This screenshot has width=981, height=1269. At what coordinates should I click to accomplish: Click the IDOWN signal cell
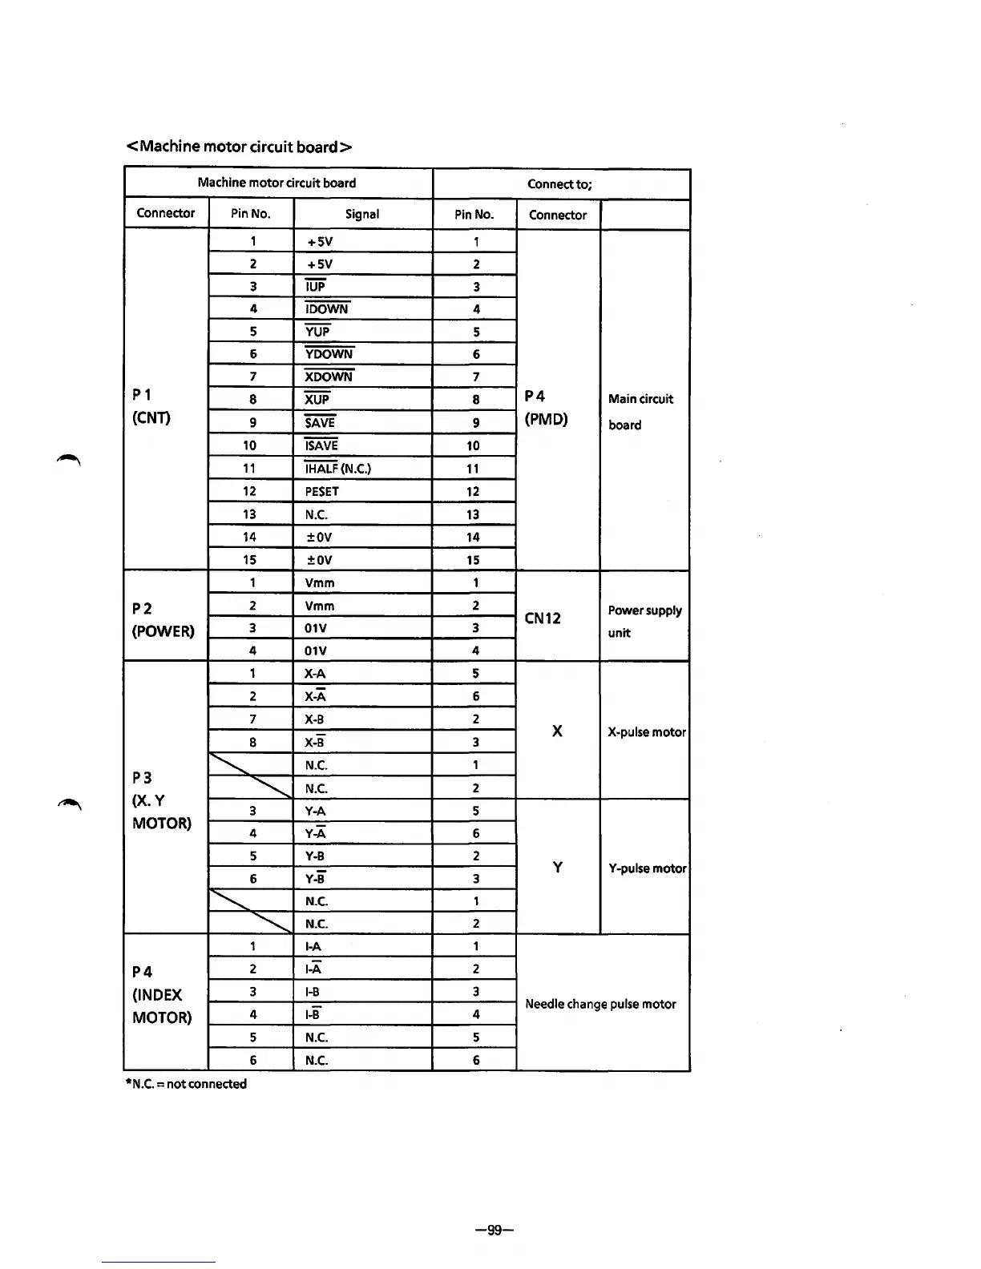(327, 309)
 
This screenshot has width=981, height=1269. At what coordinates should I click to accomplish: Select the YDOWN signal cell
(329, 354)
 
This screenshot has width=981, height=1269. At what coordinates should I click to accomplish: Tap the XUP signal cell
(317, 399)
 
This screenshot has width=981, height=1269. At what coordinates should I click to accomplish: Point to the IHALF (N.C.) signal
(337, 469)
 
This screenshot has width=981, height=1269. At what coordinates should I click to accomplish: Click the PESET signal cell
(322, 491)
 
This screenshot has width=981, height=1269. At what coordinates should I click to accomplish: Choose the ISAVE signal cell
(321, 445)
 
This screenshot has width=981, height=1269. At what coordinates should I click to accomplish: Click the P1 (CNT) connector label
(151, 406)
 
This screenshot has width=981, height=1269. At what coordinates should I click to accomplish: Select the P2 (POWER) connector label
(163, 619)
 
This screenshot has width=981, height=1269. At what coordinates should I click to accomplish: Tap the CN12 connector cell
(543, 618)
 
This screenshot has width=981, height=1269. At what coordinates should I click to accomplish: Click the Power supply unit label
(644, 621)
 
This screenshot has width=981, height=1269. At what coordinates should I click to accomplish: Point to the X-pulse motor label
(647, 732)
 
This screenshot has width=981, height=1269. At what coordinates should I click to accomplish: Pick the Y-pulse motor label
(647, 868)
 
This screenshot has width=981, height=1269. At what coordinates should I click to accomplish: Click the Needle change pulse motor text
(600, 1004)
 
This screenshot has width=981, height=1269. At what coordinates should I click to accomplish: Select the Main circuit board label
(640, 411)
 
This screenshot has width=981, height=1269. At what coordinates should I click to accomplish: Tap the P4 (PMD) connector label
(546, 408)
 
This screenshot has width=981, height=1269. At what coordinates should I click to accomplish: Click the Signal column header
(362, 214)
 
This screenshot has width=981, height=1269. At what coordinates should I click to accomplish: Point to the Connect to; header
(559, 184)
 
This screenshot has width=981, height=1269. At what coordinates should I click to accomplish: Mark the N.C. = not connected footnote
(186, 1084)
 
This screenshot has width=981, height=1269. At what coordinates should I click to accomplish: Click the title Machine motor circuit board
(240, 147)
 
